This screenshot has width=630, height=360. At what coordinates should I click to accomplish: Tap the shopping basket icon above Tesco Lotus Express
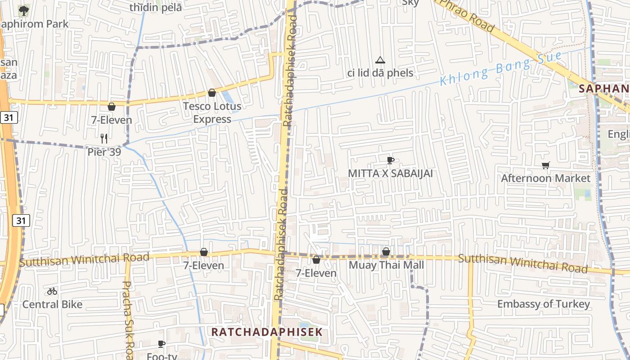pyautogui.click(x=212, y=93)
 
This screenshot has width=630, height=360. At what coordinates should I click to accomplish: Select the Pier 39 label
pyautogui.click(x=104, y=152)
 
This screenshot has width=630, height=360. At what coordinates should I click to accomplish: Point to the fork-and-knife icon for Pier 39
pyautogui.click(x=104, y=139)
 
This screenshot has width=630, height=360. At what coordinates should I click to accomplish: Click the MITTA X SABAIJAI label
pyautogui.click(x=390, y=173)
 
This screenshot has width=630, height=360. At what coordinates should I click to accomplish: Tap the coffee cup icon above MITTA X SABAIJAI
pyautogui.click(x=390, y=160)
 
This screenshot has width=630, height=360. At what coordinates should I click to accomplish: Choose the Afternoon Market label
pyautogui.click(x=545, y=178)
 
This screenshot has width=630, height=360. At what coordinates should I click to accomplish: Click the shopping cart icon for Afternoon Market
pyautogui.click(x=545, y=165)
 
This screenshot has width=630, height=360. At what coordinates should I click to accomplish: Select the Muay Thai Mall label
pyautogui.click(x=386, y=265)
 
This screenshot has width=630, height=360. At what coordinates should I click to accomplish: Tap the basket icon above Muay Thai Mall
pyautogui.click(x=386, y=252)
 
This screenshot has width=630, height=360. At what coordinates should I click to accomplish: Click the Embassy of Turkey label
pyautogui.click(x=543, y=304)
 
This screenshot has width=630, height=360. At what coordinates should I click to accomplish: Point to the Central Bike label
pyautogui.click(x=52, y=304)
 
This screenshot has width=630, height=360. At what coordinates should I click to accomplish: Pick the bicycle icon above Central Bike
pyautogui.click(x=52, y=291)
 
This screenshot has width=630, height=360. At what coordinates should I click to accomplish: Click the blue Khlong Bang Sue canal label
pyautogui.click(x=500, y=69)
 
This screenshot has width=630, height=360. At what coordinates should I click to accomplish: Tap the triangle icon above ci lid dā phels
pyautogui.click(x=380, y=60)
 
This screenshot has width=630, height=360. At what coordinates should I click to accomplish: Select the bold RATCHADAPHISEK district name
pyautogui.click(x=267, y=332)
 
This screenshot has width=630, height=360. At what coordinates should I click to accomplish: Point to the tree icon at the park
pyautogui.click(x=23, y=9)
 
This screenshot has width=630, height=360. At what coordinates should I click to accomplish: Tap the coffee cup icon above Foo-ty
pyautogui.click(x=162, y=344)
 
